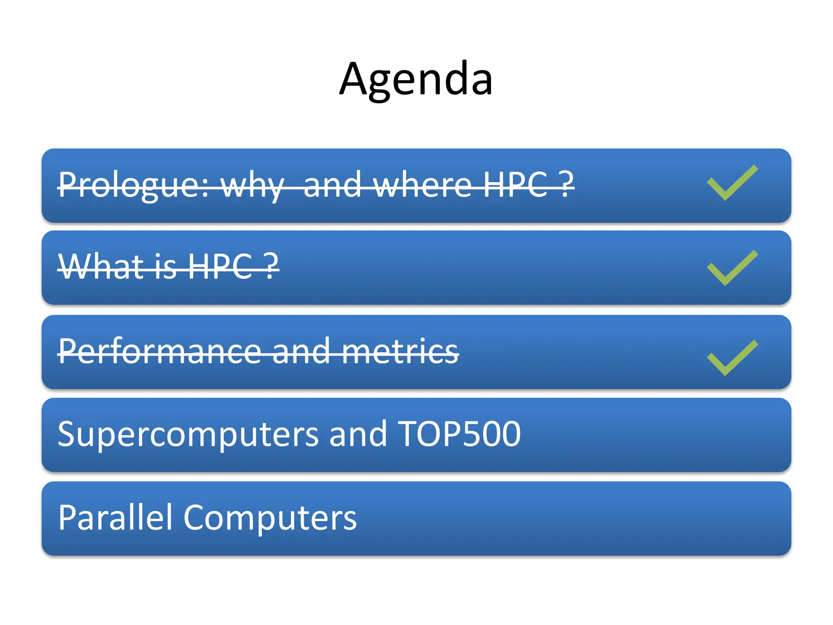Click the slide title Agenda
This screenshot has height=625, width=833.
click(x=416, y=79)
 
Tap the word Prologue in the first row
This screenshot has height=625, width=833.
click(x=133, y=185)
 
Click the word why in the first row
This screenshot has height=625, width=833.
click(x=252, y=185)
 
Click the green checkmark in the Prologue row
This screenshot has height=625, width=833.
click(x=732, y=183)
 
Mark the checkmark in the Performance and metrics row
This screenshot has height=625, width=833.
click(x=732, y=358)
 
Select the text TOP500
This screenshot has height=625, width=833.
click(x=458, y=434)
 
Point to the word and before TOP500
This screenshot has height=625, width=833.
click(x=358, y=434)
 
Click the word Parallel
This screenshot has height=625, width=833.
click(x=116, y=517)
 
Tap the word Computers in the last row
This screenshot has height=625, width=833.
click(x=270, y=518)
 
